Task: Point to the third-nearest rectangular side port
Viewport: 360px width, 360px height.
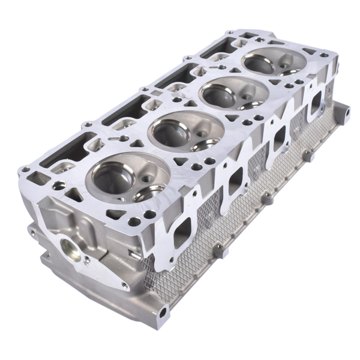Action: tap(279, 139)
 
